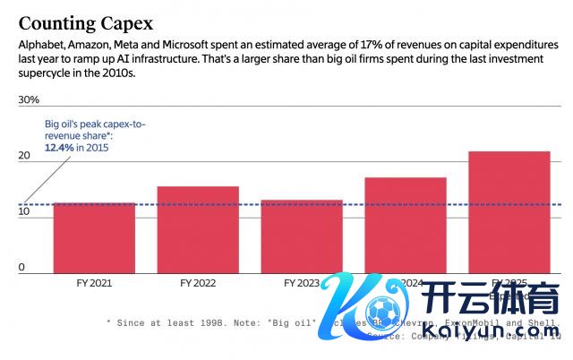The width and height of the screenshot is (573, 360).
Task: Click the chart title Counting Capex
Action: [86, 22]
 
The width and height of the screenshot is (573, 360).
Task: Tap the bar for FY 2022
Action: [198, 230]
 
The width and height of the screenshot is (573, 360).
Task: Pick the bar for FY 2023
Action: [302, 236]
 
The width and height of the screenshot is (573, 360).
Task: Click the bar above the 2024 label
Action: [406, 224]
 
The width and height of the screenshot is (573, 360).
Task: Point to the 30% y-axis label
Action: [30, 99]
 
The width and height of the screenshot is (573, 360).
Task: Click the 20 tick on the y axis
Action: [25, 156]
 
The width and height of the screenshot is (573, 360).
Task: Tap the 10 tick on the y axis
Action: [24, 212]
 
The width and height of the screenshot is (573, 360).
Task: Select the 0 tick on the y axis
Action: [22, 267]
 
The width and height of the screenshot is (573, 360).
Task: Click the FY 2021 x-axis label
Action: [94, 283]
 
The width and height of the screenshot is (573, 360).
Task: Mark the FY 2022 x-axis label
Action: [198, 283]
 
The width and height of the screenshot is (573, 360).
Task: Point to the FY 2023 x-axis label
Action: [302, 283]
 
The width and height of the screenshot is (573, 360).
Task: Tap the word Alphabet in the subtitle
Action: [42, 44]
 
